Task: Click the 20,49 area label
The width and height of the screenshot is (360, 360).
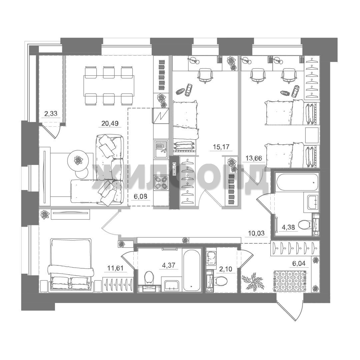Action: (110, 124)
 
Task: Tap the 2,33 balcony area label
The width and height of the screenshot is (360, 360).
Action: (51, 113)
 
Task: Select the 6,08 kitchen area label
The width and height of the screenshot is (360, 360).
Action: (140, 196)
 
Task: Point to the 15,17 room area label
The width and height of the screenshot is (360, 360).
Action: (221, 147)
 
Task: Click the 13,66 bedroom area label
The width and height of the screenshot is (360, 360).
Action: (254, 158)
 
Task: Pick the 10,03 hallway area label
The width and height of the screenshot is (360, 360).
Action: (256, 233)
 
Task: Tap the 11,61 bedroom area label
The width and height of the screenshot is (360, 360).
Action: (115, 268)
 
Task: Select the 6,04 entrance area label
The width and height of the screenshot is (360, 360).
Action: (299, 263)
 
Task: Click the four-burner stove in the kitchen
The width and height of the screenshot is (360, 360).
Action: (161, 183)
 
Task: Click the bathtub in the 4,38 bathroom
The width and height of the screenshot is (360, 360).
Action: (298, 182)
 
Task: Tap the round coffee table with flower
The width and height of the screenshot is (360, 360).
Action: (78, 160)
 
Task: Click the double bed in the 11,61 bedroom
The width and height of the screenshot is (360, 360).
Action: (71, 265)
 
